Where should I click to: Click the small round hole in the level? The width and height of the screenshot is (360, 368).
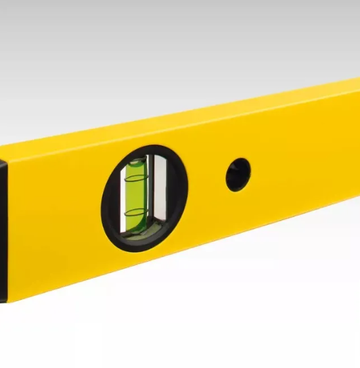coord(238,174)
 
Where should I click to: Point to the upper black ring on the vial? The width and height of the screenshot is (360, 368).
coord(135,177)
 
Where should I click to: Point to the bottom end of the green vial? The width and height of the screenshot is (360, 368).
coord(139,231)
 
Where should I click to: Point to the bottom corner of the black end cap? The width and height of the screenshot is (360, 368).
coord(3,299)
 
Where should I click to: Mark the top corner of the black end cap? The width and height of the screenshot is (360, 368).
coord(3,160)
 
